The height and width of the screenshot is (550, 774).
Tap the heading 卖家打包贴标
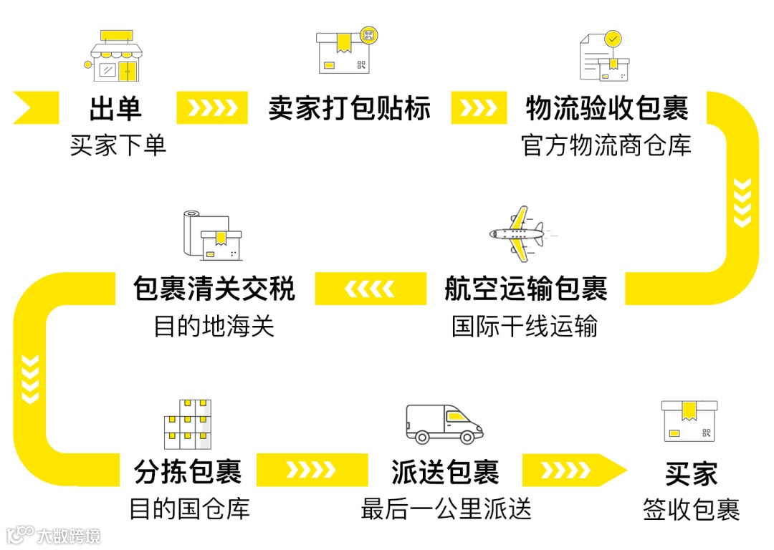[349, 108]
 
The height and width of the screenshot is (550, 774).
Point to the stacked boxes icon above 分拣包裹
[188, 423]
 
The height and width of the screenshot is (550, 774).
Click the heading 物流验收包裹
[606, 108]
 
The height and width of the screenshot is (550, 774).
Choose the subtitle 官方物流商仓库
[606, 145]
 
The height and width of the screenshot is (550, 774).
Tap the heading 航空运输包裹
[525, 289]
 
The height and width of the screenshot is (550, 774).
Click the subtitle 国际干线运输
[525, 327]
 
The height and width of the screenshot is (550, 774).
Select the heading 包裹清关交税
[214, 289]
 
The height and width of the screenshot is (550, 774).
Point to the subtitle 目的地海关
[214, 327]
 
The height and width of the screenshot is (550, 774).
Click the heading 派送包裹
[444, 472]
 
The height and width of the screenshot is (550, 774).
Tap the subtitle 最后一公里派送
[446, 509]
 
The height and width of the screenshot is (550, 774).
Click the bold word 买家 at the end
[690, 473]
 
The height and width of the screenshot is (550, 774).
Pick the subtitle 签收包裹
[691, 511]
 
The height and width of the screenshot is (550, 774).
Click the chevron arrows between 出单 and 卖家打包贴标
[211, 108]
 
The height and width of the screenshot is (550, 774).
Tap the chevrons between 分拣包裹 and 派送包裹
[310, 471]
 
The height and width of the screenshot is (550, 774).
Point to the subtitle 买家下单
[118, 145]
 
